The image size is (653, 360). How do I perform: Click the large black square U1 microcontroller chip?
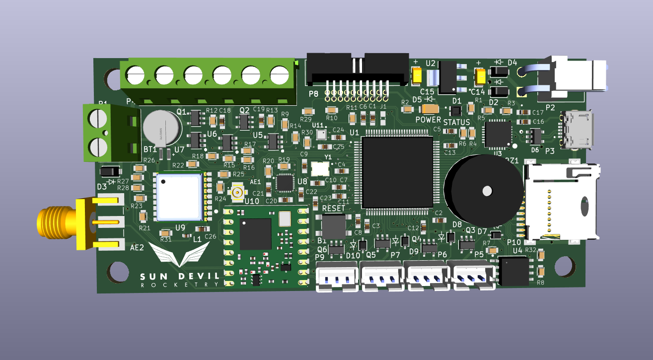(398, 172)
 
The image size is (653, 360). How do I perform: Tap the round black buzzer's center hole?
(487, 191)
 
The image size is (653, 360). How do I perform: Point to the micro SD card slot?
(561, 201)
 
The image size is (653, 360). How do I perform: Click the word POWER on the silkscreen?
(428, 120)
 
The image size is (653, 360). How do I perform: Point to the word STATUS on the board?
(456, 123)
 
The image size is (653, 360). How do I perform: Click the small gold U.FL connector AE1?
(238, 192)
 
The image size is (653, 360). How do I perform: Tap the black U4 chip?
(513, 271)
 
